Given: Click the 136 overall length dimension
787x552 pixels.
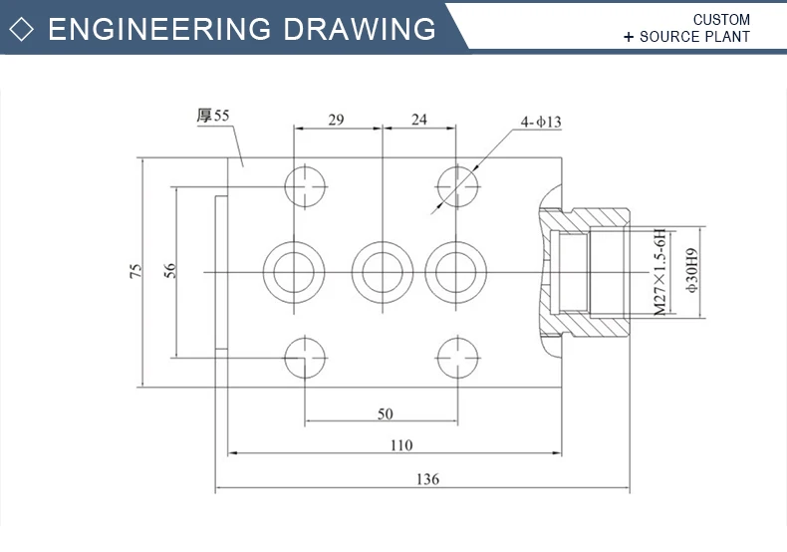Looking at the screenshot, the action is [425, 478].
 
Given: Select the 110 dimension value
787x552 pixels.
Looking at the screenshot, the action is [399, 444].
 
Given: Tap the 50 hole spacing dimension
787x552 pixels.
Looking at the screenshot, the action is [385, 413].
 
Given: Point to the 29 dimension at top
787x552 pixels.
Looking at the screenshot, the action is [336, 120].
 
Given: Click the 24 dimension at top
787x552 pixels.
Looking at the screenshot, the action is [418, 120].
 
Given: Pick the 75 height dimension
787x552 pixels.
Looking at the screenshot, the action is [135, 271].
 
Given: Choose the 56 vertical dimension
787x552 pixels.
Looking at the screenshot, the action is [169, 271].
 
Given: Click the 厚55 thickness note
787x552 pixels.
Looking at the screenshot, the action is [213, 116].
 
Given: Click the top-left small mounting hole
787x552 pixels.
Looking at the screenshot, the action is [306, 185].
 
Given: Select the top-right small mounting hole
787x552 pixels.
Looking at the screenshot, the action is [459, 185].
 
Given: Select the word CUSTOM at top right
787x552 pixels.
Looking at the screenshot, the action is [721, 19].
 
